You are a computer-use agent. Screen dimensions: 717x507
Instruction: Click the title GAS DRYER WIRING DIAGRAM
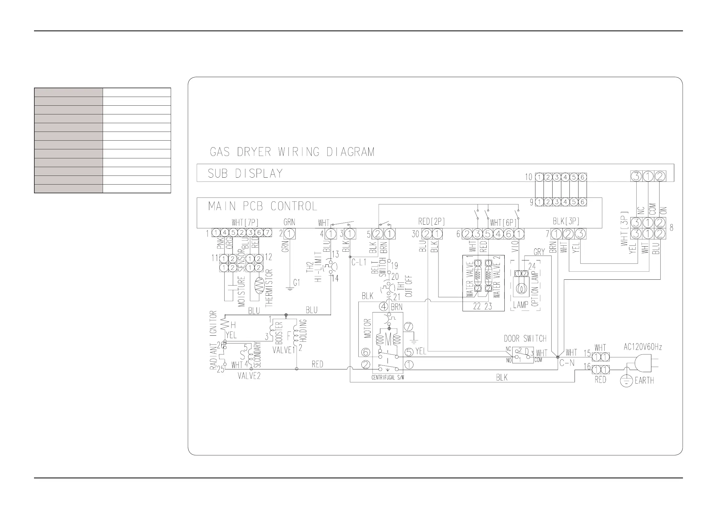292,152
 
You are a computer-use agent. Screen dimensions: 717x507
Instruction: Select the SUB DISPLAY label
245,174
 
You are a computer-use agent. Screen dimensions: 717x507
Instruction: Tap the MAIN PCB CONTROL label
262,206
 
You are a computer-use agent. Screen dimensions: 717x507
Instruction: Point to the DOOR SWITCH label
525,338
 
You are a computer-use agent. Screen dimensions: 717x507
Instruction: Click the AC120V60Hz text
643,347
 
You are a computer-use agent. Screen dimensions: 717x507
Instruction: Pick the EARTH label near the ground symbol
644,381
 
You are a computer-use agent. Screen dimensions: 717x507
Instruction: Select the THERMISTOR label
269,288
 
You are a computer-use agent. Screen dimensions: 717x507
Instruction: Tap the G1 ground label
296,282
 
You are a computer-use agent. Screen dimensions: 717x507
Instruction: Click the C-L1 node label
359,262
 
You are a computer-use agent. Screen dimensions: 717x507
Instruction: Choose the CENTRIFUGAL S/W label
388,378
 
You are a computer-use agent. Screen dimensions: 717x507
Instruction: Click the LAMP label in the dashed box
521,305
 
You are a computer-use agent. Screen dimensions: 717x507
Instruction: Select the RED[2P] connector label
431,222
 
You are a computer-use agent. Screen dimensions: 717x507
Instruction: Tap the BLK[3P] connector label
566,221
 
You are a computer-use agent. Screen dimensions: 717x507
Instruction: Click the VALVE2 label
249,376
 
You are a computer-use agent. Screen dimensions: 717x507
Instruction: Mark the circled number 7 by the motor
408,327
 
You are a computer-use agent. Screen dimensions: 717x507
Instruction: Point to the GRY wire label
539,252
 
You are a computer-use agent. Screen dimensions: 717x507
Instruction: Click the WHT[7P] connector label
245,222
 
